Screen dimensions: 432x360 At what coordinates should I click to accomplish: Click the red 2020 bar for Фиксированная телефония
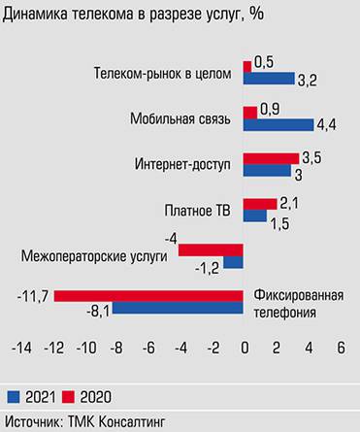coord(147,295)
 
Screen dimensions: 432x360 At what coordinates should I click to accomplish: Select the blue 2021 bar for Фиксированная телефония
coord(178,309)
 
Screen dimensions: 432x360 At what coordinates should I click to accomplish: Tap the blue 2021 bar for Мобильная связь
coord(278,123)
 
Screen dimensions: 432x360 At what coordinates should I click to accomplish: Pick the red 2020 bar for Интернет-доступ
coord(271,157)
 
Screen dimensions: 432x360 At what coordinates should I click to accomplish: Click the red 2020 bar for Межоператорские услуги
coord(211,249)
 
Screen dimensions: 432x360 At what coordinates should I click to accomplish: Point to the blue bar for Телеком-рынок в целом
coord(268,78)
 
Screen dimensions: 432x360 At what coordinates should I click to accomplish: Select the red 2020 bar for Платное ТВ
coord(259,203)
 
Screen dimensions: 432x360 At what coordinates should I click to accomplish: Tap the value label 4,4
coord(326,124)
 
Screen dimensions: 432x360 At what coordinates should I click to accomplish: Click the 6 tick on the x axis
coord(341,347)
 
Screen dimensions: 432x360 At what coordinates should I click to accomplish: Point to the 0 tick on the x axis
coord(244,347)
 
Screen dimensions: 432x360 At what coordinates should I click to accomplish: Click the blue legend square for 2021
coord(15,395)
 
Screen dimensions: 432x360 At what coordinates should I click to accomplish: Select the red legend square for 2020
coord(69,395)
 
